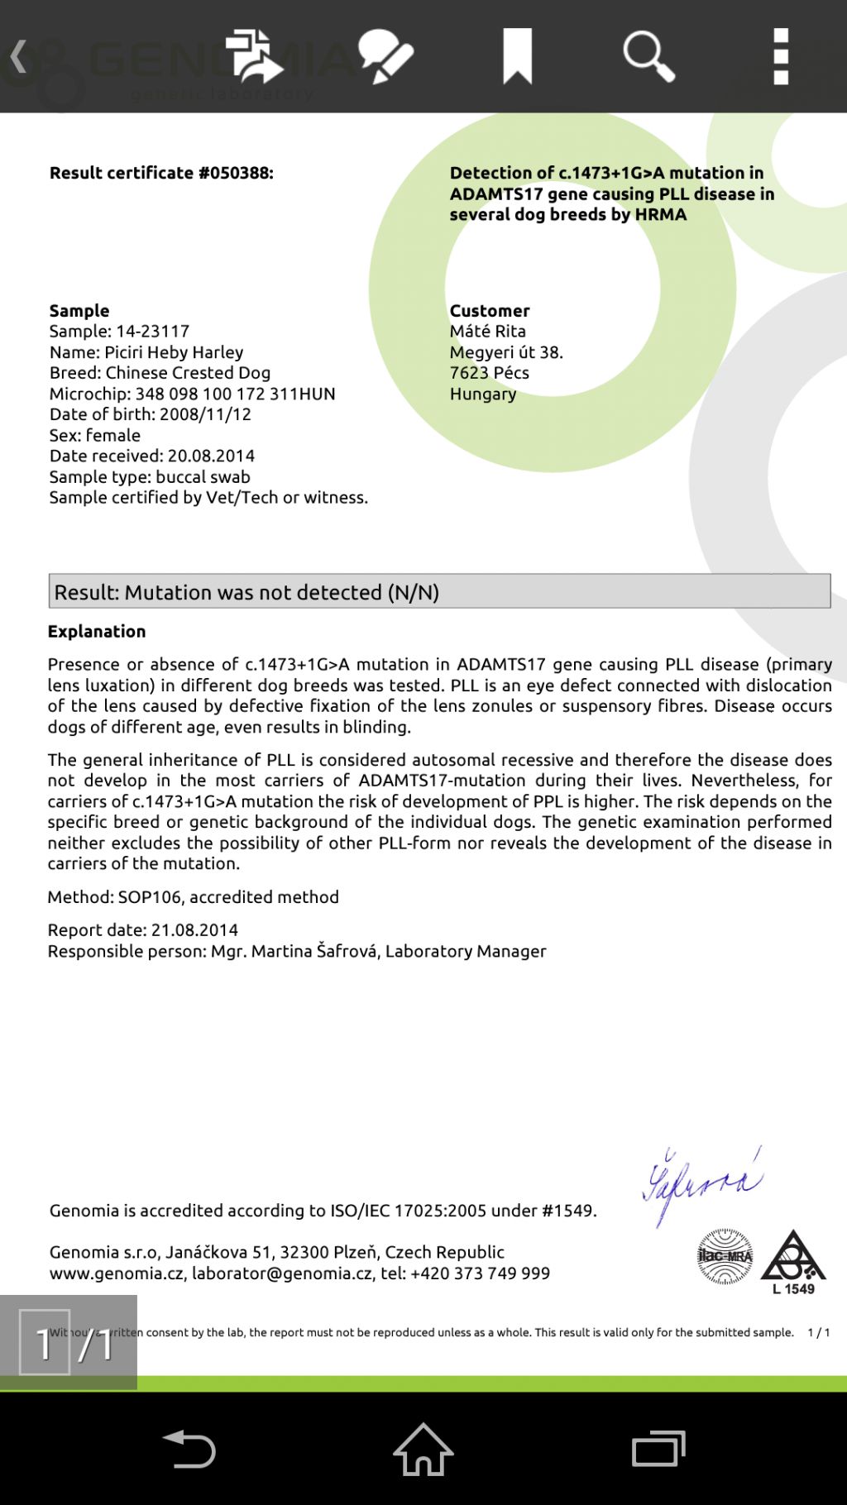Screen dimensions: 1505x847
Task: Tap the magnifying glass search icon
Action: pos(648,56)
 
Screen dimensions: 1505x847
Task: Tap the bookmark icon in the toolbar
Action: pos(518,56)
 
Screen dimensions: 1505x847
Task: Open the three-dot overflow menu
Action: pos(781,56)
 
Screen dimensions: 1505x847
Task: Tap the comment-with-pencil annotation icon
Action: pos(385,56)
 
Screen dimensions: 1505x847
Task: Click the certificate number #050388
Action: pos(235,173)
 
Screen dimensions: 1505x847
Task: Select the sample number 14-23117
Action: pos(152,332)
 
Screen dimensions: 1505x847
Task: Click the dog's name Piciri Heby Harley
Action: pos(174,352)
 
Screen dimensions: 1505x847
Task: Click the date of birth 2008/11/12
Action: pos(205,414)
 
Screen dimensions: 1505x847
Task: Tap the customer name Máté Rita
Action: pos(487,332)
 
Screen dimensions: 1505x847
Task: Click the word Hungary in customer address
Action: pos(483,394)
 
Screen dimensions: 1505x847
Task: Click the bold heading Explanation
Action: pos(97,632)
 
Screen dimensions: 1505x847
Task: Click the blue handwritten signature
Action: pos(701,1184)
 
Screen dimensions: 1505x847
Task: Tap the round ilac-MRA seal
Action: pos(725,1256)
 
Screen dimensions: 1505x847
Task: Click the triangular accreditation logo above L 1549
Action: pos(793,1255)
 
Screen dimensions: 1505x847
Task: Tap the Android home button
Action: pos(423,1449)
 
